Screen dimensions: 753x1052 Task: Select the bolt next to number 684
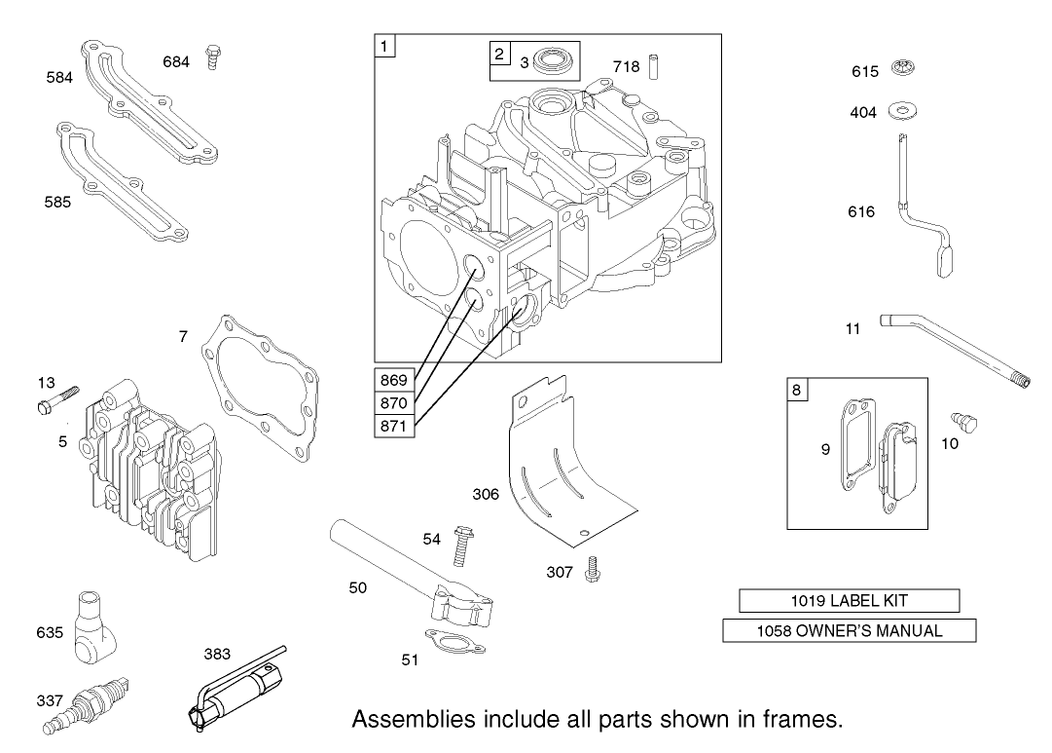211,58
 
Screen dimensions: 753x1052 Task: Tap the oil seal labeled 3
556,64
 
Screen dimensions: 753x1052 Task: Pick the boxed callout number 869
394,380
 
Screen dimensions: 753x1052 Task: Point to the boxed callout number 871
394,426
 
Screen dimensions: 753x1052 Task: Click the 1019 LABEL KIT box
849,601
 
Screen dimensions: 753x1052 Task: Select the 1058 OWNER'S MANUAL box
849,631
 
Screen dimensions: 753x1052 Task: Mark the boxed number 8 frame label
797,391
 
